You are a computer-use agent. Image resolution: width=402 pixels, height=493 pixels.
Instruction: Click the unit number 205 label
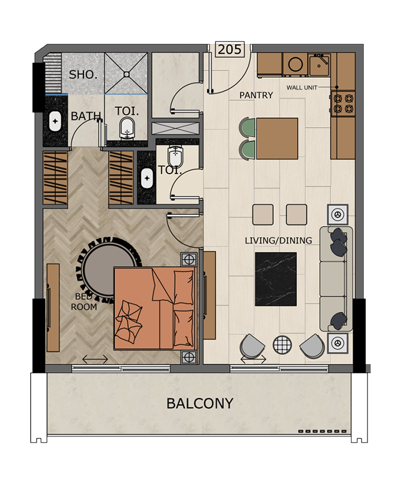click(x=230, y=49)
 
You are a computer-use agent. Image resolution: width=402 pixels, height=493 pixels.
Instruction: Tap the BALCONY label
click(x=200, y=403)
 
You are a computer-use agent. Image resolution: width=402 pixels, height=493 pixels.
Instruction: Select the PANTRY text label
click(x=256, y=95)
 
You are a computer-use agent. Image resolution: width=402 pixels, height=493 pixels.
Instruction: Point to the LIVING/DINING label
click(x=278, y=240)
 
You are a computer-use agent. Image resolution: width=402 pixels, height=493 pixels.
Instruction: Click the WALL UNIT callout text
click(x=302, y=87)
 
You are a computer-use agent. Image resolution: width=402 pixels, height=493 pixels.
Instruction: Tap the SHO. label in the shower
click(x=83, y=75)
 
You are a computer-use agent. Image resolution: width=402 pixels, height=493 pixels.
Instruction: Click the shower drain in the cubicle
click(x=126, y=74)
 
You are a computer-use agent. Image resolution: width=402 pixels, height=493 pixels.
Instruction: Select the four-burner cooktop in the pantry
click(x=343, y=104)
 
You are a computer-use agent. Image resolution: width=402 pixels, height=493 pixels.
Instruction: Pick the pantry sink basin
click(x=319, y=64)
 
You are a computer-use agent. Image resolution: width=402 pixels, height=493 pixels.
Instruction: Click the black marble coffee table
click(x=275, y=279)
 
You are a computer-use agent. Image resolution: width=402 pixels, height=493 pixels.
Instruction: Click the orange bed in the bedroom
click(x=155, y=308)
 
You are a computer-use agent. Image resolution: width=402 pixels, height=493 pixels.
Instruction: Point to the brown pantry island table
click(x=277, y=139)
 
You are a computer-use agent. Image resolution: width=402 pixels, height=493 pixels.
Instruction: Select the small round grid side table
click(x=282, y=345)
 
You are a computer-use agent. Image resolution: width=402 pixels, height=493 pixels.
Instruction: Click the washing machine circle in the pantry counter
click(x=296, y=64)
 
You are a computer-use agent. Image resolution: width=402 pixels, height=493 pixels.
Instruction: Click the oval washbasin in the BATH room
click(x=55, y=121)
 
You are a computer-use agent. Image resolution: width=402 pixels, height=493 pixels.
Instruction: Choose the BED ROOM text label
click(x=84, y=301)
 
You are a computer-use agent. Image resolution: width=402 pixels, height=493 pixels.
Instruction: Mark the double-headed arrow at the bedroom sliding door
click(x=95, y=359)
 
